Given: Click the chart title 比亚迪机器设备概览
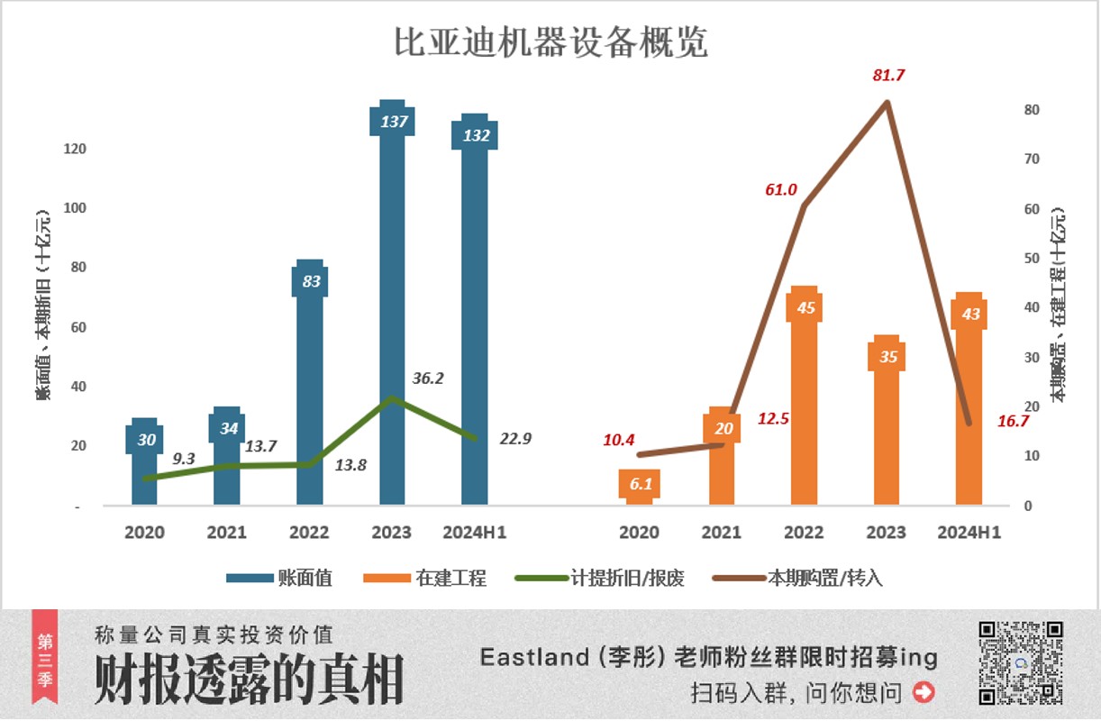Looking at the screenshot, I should coord(550,42).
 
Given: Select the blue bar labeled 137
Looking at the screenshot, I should coord(392,315).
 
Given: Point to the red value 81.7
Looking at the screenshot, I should coord(888,75).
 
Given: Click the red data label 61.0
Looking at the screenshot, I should coord(780,189).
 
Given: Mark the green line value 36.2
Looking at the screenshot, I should coord(427,379).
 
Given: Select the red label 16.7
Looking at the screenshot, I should coord(1013,421).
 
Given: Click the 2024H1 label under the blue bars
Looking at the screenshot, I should coord(474,533).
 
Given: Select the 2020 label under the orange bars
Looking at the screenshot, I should coord(639,533).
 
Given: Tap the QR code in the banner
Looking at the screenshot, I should coord(1021,663).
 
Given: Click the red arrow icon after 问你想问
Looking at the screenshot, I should coord(924,692).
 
